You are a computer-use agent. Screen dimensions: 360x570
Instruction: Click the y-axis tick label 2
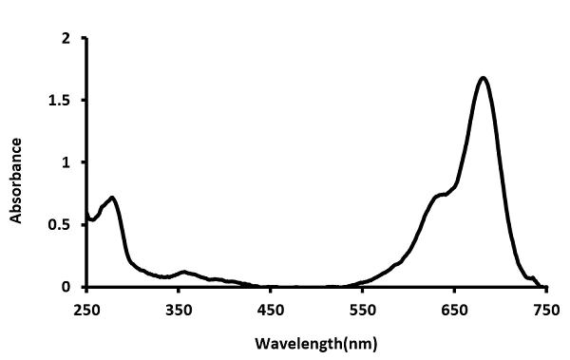tap(66, 39)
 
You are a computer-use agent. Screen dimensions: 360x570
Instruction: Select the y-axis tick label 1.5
tap(61, 101)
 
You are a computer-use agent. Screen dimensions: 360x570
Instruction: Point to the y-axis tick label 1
tap(66, 162)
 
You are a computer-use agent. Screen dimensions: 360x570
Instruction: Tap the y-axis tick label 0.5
tap(61, 225)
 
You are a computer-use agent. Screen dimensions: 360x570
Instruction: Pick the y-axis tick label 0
tap(66, 287)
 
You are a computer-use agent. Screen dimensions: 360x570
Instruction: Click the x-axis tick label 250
tap(86, 308)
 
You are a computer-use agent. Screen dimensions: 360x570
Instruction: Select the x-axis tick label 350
tap(179, 308)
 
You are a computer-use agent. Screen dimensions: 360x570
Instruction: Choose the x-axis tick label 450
tap(271, 308)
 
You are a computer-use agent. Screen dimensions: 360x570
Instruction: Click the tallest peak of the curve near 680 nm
tap(483, 78)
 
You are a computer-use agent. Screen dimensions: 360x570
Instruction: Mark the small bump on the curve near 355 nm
tap(183, 272)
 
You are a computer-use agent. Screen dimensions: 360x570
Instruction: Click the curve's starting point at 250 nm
tap(86, 211)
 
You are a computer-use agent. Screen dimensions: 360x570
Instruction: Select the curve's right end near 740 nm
tap(537, 282)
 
